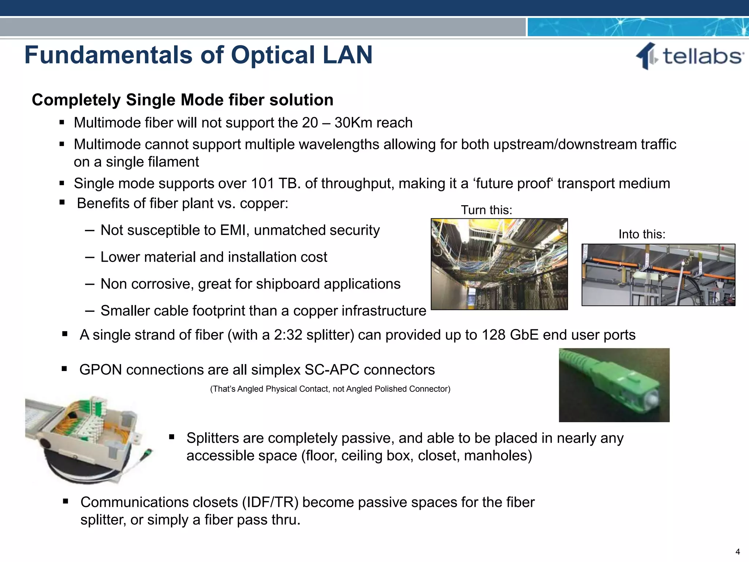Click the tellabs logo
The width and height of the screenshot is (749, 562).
[x=689, y=56]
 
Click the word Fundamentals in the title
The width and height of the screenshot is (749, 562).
[x=108, y=55]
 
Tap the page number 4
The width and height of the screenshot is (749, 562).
[x=737, y=551]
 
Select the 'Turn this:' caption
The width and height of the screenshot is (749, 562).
[x=486, y=210]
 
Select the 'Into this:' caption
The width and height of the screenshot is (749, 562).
[x=642, y=234]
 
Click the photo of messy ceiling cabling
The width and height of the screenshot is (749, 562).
[x=499, y=264]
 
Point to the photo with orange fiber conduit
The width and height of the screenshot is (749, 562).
[x=658, y=275]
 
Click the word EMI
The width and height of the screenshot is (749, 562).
[x=234, y=231]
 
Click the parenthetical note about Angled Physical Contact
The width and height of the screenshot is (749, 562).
[x=330, y=389]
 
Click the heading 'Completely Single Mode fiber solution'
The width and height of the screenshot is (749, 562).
[x=182, y=100]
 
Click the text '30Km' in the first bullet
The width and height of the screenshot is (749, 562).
[x=351, y=123]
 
